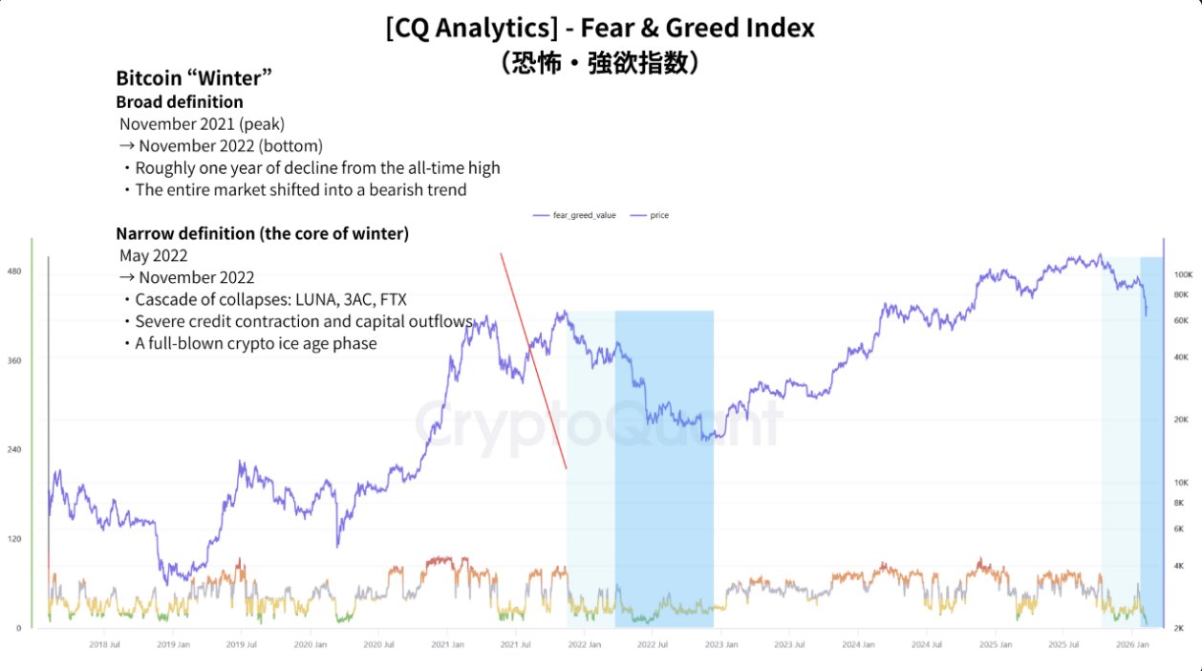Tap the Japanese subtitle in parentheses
pos(600,63)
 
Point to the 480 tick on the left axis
pos(14,271)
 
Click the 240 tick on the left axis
pos(14,449)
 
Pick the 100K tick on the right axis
pos(1183,274)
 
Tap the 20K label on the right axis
pos(1181,420)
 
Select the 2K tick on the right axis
pos(1181,628)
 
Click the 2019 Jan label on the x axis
pos(173,645)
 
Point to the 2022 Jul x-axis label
pos(652,645)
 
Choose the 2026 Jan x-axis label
pos(1132,645)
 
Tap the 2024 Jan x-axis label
pos(858,645)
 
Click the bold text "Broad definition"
pos(180,101)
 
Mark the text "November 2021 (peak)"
pos(203,124)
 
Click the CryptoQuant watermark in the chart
pos(597,422)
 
